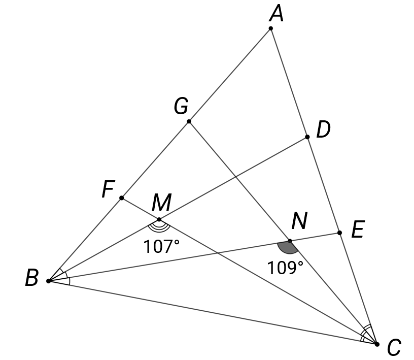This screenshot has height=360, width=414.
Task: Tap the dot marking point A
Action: [270, 28]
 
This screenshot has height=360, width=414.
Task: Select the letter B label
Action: [32, 279]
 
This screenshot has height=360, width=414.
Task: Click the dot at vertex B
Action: [48, 281]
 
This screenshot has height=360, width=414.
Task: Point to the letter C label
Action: [394, 348]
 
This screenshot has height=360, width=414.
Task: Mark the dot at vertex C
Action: [377, 344]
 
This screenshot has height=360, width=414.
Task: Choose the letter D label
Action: [323, 130]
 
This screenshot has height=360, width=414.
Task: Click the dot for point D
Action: [307, 137]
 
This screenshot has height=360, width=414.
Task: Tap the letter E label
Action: [357, 231]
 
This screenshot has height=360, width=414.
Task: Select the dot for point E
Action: [339, 233]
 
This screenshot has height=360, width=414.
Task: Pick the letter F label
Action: [107, 190]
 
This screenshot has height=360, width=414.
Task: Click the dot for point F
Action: [121, 198]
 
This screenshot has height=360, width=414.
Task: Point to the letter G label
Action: [181, 107]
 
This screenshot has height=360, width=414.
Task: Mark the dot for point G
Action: [189, 121]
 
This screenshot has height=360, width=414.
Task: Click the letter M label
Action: [161, 203]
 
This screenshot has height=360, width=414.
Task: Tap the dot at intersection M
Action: [159, 219]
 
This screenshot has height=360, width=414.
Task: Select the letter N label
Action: [299, 221]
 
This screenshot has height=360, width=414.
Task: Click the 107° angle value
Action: [161, 247]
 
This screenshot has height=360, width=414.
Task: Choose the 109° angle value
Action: [286, 267]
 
